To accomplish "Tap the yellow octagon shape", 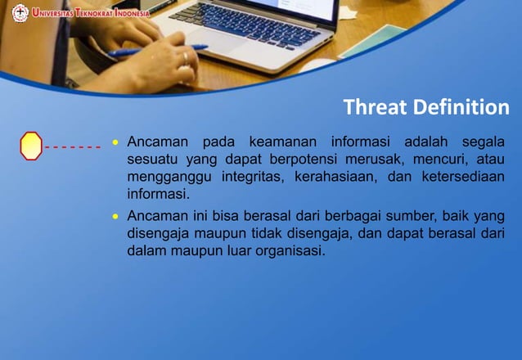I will pos(31,146).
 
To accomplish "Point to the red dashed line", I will pos(73,147).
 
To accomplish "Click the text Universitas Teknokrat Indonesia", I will pos(91,12).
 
